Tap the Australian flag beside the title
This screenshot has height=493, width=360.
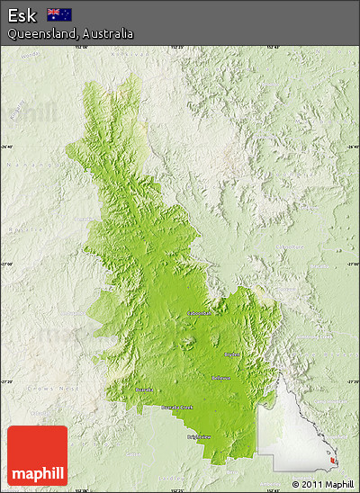point(59,14)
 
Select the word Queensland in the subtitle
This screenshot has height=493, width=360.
point(38,33)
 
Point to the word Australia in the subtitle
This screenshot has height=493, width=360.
point(109,33)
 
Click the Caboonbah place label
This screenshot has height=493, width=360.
point(200,313)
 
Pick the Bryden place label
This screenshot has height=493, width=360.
point(232,354)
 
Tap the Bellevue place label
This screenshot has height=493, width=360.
point(221,378)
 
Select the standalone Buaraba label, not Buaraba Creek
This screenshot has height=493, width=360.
point(144,390)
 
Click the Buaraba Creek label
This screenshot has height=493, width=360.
point(177,408)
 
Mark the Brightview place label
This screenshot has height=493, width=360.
point(200,437)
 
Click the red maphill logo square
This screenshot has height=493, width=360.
point(37,455)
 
